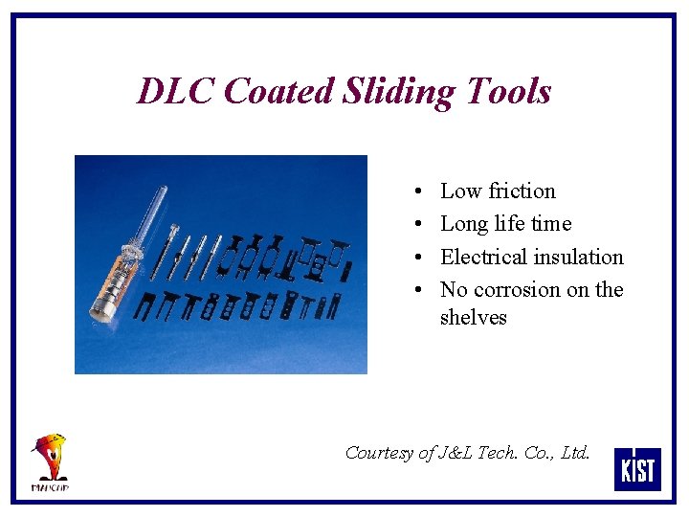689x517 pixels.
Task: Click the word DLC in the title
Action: coord(176,92)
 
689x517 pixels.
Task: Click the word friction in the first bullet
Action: coord(522,191)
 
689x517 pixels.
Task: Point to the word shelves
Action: coord(473,317)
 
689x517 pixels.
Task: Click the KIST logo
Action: coord(636,468)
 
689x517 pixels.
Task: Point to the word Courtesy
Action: coord(380,453)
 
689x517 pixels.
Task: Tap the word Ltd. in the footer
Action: coord(574,452)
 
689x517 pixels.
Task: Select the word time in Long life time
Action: coord(551,224)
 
